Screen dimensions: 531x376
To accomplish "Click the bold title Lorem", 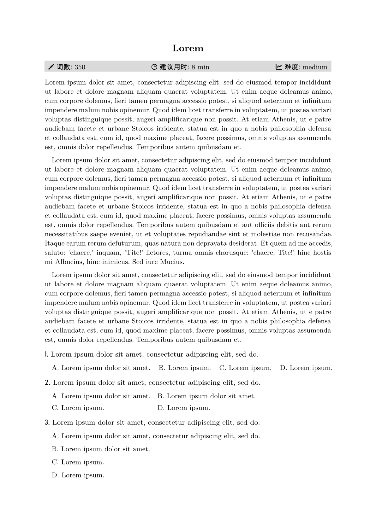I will [188, 48].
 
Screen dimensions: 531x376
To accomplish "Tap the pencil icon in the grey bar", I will [51, 67].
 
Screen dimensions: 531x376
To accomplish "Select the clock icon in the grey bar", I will [154, 67].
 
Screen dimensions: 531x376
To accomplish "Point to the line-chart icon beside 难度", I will [279, 67].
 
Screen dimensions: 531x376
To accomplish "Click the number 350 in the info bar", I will [80, 67].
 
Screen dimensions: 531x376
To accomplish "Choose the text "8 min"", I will [200, 67].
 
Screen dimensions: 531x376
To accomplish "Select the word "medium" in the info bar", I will [315, 67].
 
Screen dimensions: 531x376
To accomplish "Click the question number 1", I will [46, 354].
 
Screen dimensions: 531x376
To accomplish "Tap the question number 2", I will [47, 383].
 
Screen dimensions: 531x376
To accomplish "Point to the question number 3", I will [47, 423].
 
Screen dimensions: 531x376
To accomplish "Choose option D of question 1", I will [306, 368].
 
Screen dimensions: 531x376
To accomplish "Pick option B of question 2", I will [206, 396].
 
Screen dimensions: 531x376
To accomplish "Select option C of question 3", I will [78, 462].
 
